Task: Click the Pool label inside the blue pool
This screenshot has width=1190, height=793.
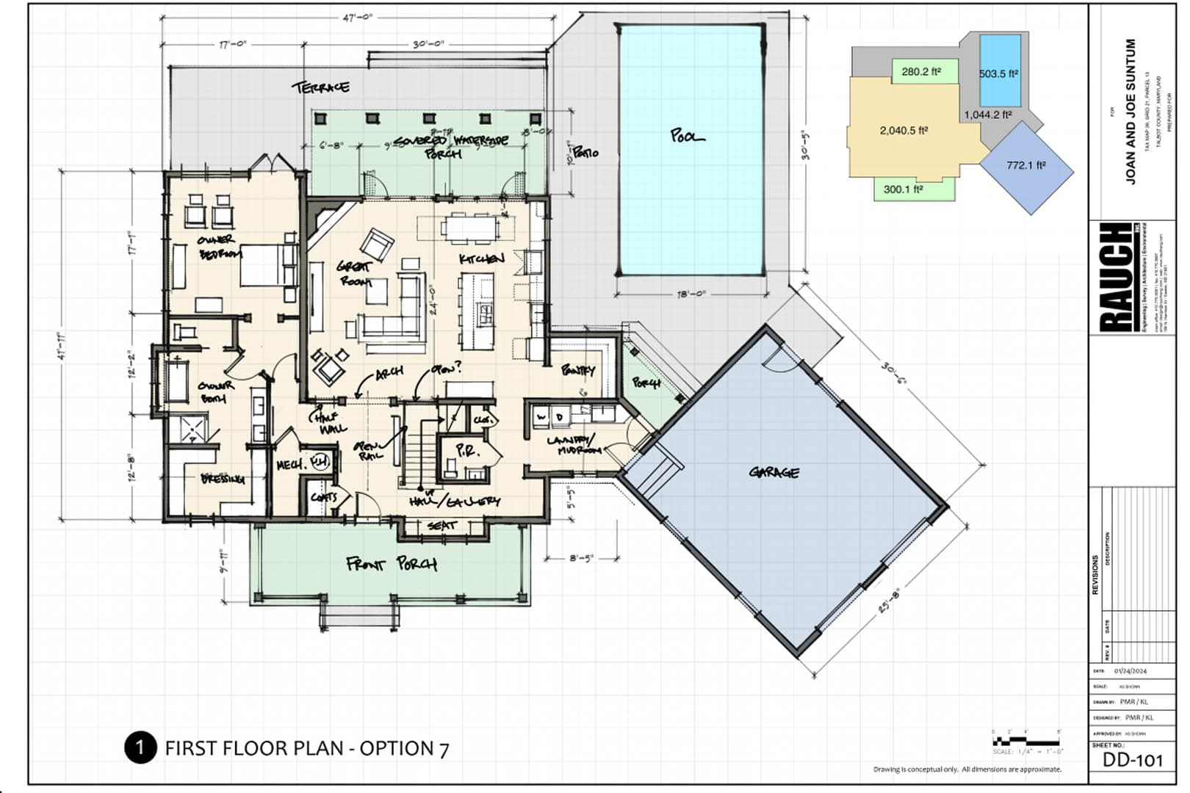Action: click(x=687, y=136)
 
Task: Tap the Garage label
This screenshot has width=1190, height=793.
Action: click(x=774, y=472)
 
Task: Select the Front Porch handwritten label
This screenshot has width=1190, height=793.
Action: click(x=392, y=564)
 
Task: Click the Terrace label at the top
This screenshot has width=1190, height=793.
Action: click(x=321, y=87)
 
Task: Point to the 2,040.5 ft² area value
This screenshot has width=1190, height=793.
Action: click(x=904, y=131)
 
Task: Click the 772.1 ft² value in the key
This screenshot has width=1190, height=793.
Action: click(x=1025, y=165)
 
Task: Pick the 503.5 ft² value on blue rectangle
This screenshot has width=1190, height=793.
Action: click(x=998, y=74)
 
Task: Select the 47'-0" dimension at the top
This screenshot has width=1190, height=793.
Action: click(x=358, y=18)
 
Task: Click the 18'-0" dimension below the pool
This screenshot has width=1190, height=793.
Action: click(x=690, y=294)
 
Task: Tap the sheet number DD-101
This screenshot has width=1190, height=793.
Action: click(x=1133, y=760)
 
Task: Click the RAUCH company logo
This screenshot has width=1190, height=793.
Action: click(x=1115, y=277)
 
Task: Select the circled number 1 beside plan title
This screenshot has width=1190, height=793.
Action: click(x=140, y=747)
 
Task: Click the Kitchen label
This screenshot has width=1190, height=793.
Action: click(x=481, y=258)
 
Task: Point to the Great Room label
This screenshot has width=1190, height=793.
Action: click(x=355, y=272)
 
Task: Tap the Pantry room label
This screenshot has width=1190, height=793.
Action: click(x=578, y=370)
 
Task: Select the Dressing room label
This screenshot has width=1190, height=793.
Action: click(x=223, y=479)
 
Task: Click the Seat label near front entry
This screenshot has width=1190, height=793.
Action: click(x=441, y=526)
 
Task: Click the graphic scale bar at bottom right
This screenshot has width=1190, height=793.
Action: click(x=1025, y=740)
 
